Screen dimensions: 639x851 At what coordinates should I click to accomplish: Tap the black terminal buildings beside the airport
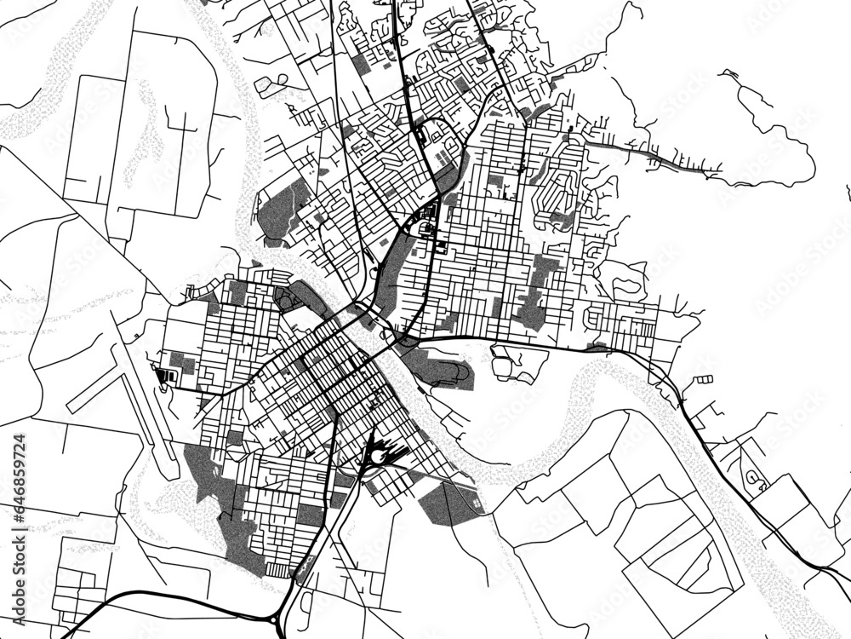point(167,374)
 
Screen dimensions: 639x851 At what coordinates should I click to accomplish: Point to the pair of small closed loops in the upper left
point(271,83)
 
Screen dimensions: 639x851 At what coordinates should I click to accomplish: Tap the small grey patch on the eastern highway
point(598,346)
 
